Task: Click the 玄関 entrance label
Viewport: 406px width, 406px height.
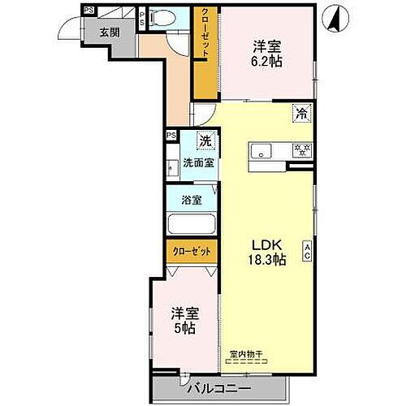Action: tap(109, 33)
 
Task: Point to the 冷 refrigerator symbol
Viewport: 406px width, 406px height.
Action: tap(300, 114)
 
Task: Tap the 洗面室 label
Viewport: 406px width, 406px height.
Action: tap(198, 162)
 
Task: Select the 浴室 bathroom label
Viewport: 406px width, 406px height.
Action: tap(192, 200)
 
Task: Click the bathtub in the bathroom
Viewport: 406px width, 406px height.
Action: tap(192, 224)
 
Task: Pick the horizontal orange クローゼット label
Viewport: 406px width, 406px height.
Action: tap(192, 252)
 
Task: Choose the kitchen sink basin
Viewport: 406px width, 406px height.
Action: tap(262, 149)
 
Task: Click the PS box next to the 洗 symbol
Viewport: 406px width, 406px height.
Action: tap(171, 136)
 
